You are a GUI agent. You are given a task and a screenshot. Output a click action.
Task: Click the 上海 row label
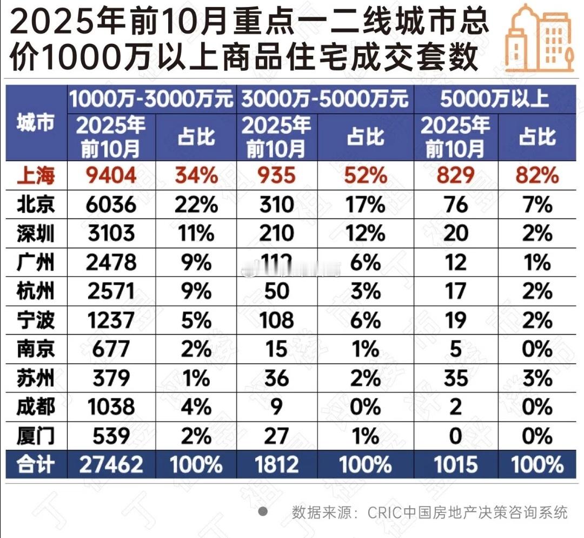[35, 175]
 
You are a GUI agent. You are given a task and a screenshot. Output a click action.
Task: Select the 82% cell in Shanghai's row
[537, 175]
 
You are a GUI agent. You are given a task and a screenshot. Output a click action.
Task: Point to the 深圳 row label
[35, 233]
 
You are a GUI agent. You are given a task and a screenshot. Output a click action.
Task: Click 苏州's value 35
[455, 378]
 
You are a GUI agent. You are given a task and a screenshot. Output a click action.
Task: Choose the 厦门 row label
[35, 436]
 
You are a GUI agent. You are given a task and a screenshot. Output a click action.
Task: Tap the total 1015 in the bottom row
[455, 464]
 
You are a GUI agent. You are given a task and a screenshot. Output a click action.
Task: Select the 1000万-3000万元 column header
[151, 99]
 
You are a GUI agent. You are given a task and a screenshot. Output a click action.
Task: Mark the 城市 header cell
[35, 124]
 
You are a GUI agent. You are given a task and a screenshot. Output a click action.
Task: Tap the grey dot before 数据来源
[263, 511]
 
